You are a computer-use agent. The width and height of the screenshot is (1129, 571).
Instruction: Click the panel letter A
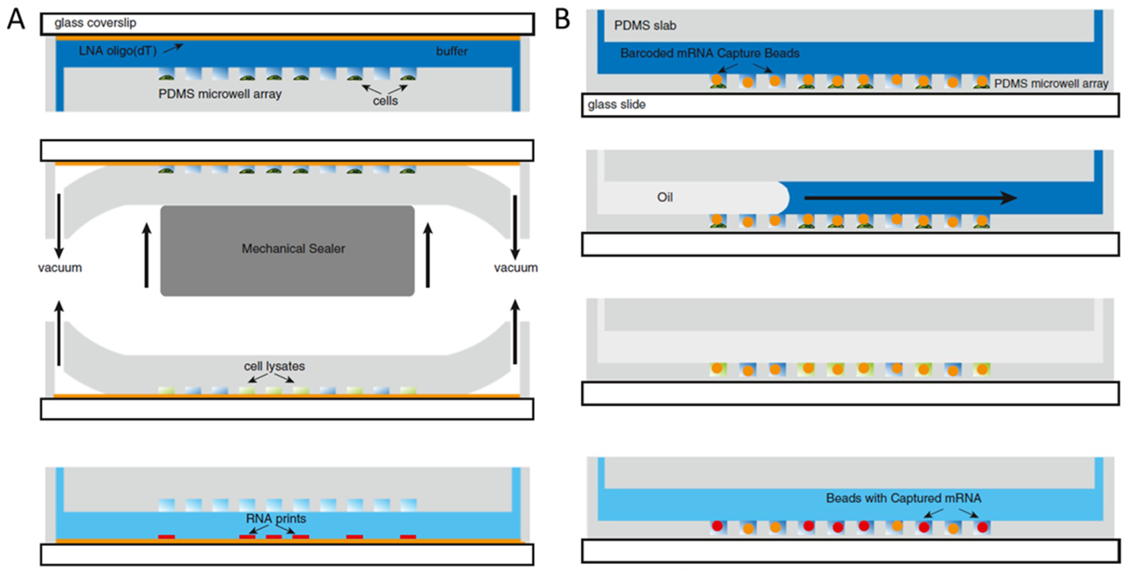[x=16, y=20]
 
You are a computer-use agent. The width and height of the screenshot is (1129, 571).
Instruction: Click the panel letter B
[x=562, y=20]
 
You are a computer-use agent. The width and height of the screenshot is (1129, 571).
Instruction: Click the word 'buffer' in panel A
[x=451, y=51]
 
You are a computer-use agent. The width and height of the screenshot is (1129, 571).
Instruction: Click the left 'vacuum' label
[x=60, y=267]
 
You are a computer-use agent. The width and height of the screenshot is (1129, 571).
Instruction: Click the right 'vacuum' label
[x=516, y=267]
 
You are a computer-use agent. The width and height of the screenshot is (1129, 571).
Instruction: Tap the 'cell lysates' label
[x=274, y=366]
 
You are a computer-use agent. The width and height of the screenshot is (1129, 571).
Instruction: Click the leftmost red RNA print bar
[x=167, y=536]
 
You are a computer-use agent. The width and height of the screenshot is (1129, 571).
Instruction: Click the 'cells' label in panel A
[x=385, y=101]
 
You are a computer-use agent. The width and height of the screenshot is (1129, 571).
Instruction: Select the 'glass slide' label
[x=616, y=104]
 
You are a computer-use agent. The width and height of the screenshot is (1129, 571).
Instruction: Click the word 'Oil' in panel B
[x=664, y=197]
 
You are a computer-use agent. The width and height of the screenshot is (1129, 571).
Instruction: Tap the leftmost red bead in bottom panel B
[x=717, y=525]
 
